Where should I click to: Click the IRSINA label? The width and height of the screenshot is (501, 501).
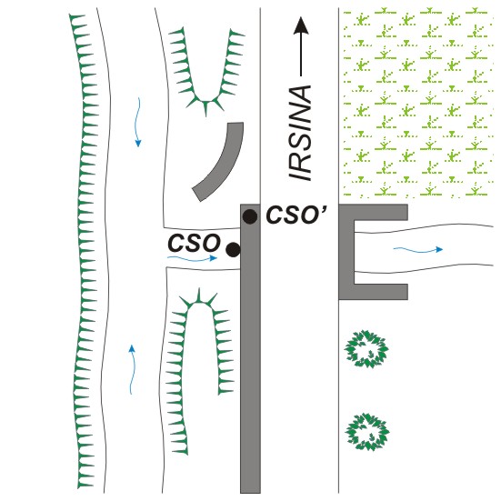click(299, 133)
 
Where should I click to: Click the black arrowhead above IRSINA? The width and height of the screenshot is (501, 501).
click(301, 25)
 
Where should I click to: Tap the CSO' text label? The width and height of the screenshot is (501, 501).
click(296, 215)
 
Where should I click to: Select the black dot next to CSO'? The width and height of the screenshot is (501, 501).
click(249, 217)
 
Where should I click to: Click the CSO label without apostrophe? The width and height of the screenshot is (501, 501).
click(194, 243)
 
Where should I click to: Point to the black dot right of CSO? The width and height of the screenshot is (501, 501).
click(233, 249)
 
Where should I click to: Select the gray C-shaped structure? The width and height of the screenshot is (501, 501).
click(346, 252)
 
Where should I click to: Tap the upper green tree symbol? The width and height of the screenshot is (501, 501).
click(366, 349)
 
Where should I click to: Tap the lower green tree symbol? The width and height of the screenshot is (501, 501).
click(367, 432)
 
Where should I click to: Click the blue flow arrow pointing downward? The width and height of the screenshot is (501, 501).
click(137, 122)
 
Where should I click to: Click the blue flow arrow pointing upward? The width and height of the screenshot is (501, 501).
click(132, 369)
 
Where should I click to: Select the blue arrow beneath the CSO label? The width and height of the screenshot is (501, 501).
click(193, 258)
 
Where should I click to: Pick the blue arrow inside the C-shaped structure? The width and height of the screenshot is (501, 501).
click(418, 249)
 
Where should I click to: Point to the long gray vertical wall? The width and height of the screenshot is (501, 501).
click(250, 348)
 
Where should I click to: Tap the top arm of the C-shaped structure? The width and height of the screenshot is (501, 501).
click(373, 213)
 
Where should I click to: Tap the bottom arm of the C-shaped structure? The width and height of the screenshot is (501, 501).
click(373, 292)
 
